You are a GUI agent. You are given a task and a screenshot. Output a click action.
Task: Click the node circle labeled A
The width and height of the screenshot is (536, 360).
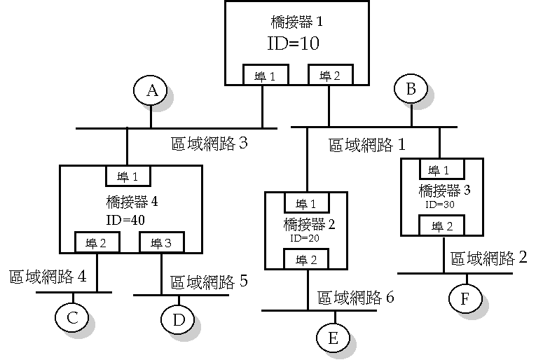[151, 91]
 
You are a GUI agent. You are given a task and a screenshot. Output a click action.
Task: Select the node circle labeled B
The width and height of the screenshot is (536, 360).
[411, 89]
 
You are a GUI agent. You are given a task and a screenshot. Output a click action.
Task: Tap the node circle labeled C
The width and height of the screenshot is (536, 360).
[72, 317]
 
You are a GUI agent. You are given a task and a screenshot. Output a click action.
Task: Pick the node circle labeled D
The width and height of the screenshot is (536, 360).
[178, 319]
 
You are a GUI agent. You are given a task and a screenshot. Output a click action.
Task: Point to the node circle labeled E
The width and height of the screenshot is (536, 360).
[333, 338]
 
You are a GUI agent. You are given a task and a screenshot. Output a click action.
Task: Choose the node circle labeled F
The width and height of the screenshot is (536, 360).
[466, 298]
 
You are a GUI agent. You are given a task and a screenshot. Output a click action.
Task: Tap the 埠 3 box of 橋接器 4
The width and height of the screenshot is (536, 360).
[162, 242]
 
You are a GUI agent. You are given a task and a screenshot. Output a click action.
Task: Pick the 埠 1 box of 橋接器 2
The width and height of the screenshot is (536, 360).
[307, 204]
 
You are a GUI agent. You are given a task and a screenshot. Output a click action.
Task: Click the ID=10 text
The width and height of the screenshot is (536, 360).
[294, 43]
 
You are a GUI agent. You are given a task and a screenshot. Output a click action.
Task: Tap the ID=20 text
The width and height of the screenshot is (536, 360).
[305, 238]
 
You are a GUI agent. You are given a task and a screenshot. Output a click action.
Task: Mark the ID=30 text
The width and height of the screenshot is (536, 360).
[439, 204]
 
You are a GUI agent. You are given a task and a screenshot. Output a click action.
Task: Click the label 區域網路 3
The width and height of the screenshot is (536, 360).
[209, 144]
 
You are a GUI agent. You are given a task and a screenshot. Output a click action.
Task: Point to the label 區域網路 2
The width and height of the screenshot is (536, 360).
[488, 258]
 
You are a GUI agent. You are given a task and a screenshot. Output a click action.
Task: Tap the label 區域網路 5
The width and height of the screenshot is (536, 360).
[209, 282]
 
